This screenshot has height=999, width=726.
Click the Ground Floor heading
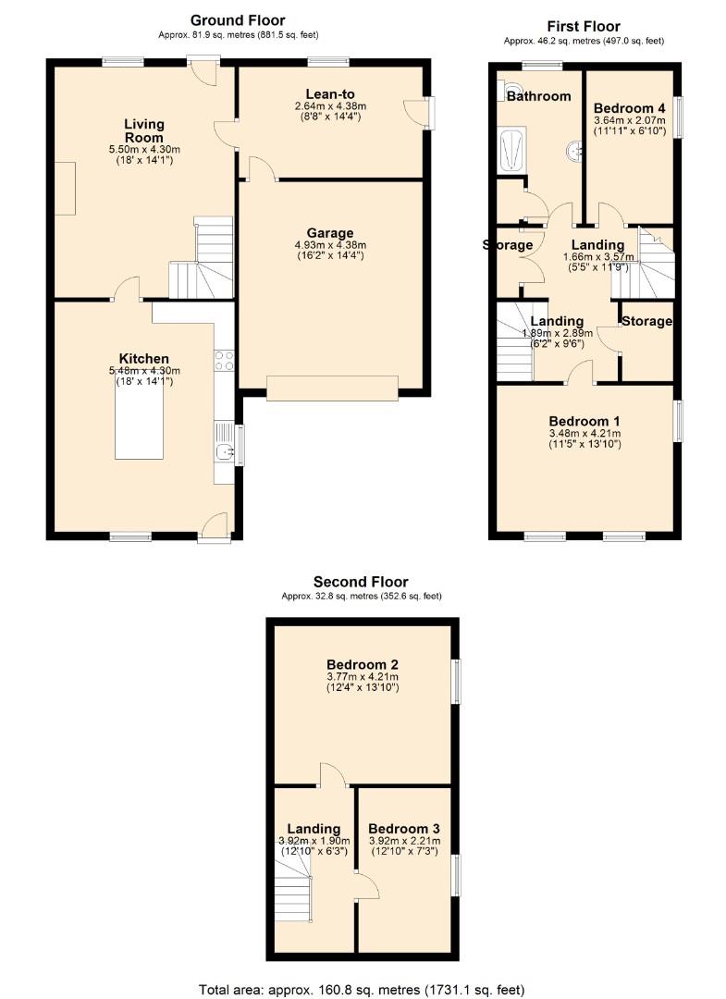click(238, 19)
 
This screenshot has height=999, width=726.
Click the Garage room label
click(330, 232)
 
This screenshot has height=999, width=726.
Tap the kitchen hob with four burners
click(223, 360)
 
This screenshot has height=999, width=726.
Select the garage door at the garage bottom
click(332, 388)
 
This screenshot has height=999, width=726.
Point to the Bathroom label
click(538, 95)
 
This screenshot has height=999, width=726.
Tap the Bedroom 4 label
click(629, 106)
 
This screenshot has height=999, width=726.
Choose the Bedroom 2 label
click(363, 664)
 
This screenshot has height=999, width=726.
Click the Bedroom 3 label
click(402, 828)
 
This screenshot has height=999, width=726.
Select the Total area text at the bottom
click(363, 989)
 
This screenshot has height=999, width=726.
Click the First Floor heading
click(583, 27)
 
